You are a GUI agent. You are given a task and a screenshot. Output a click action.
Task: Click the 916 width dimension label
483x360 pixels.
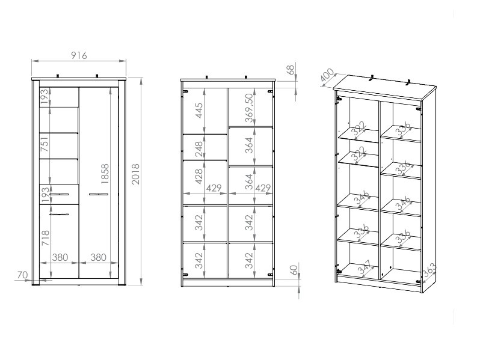coord(79,55)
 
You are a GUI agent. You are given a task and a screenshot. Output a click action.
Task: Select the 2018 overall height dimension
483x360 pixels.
coord(135,174)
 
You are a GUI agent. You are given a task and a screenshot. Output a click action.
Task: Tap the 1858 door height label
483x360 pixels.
coord(105,174)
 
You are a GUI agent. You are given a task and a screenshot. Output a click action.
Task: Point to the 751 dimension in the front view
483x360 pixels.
coord(45,144)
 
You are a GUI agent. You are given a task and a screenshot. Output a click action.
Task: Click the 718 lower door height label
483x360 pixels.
coord(45,238)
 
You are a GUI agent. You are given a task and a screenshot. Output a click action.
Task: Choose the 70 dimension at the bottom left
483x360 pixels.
coord(22,275)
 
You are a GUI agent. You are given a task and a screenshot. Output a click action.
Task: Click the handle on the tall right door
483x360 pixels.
coord(99,195)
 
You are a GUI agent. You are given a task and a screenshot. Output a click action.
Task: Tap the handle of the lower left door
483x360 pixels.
coord(59,214)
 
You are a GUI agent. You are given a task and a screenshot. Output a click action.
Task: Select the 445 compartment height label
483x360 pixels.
coord(199,111)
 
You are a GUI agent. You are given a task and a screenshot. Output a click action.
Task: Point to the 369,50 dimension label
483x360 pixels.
coord(249,108)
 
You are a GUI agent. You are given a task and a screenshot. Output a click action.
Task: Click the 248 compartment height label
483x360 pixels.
coord(199,149)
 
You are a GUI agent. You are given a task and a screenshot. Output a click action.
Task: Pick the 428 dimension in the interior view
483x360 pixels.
coord(199,176)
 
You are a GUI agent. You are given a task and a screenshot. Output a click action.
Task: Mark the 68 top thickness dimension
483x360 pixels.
coord(291,70)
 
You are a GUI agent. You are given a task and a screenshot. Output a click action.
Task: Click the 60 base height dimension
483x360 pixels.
coord(294,270)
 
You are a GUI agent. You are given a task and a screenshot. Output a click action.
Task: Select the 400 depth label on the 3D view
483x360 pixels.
coord(327,76)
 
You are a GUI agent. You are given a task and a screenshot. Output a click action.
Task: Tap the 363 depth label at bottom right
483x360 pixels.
coord(429,270)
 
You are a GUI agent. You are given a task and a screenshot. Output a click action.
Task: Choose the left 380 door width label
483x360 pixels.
coord(60,257)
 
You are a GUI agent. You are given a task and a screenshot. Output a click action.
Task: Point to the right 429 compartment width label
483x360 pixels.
coord(263,188)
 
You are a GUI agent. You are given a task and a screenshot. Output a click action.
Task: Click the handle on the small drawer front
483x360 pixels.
coord(59,195)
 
